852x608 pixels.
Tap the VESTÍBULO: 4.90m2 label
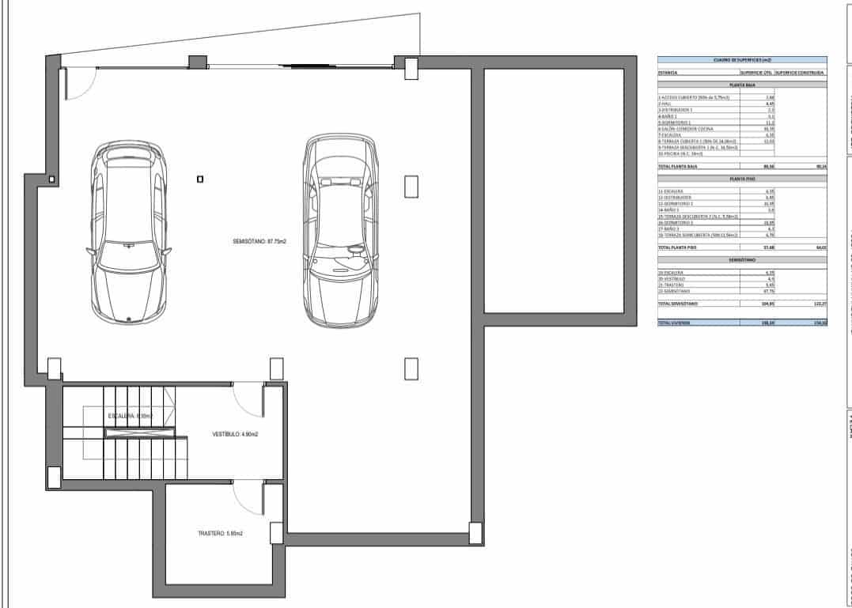click(x=236, y=434)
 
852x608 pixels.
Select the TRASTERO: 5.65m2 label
click(x=220, y=534)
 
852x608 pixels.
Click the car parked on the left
click(x=128, y=231)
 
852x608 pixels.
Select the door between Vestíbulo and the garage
click(x=248, y=400)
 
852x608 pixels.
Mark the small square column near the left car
click(x=200, y=179)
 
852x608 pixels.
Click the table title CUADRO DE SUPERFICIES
click(x=741, y=60)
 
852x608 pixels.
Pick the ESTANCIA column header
click(x=668, y=72)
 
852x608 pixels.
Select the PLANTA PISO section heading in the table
click(x=741, y=179)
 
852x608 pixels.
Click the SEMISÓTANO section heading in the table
click(x=741, y=259)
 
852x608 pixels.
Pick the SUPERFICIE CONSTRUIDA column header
click(x=800, y=72)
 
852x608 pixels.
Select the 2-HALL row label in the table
click(x=665, y=104)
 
